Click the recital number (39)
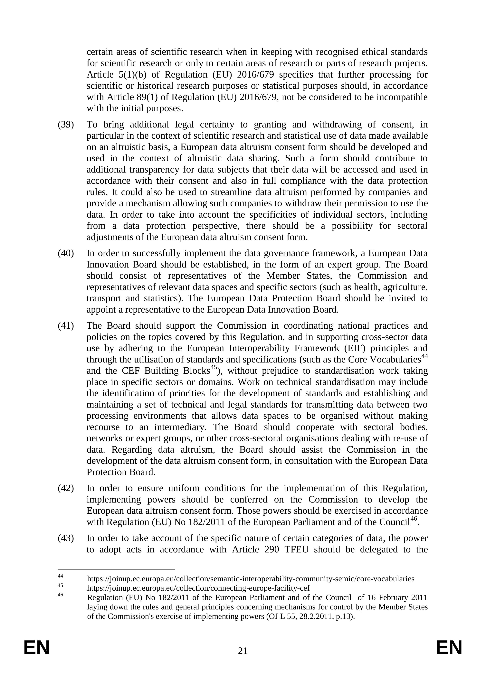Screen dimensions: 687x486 pyautogui.click(x=66, y=125)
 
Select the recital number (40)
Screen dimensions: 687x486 pyautogui.click(x=66, y=253)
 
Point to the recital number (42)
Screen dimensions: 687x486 pyautogui.click(x=66, y=488)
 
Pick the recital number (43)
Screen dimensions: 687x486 pyautogui.click(x=66, y=538)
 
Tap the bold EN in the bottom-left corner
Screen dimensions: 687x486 pyautogui.click(x=36, y=648)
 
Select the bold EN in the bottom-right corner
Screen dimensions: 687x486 pyautogui.click(x=449, y=648)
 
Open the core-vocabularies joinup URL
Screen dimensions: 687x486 pyautogui.click(x=251, y=579)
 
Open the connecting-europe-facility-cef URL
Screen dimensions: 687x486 pyautogui.click(x=198, y=588)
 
